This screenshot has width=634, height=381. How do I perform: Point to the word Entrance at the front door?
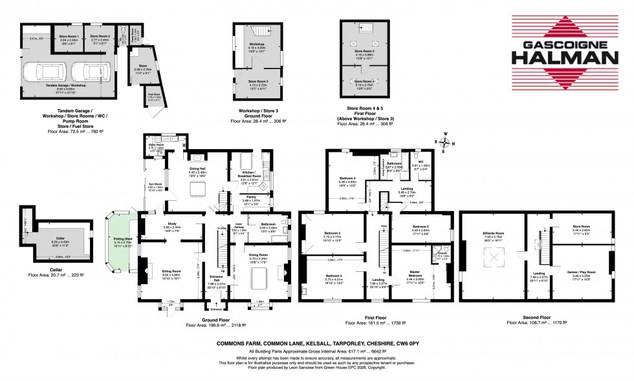[x=215, y=308]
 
